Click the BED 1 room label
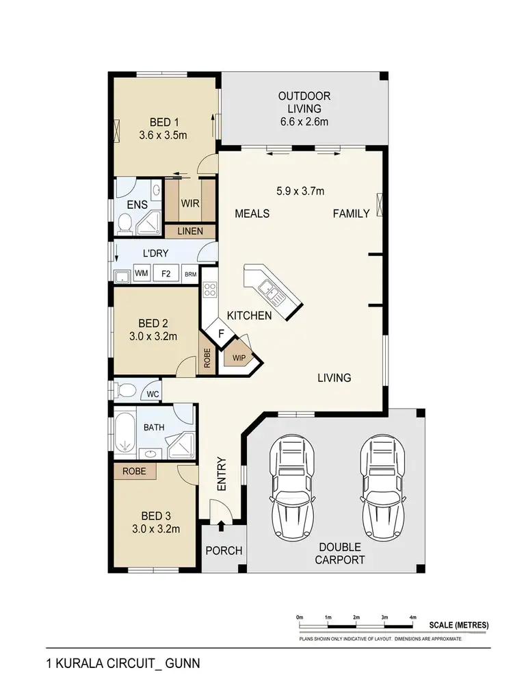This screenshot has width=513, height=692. click(162, 123)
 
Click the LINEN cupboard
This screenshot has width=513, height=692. click(189, 231)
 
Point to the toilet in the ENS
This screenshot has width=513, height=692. click(125, 222)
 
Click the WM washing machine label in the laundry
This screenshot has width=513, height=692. click(142, 274)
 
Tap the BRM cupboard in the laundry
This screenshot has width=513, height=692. click(190, 274)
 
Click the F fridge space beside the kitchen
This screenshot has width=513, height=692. click(220, 333)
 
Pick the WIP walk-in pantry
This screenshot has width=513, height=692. click(239, 357)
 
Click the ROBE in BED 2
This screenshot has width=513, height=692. click(207, 359)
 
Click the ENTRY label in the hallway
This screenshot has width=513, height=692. click(222, 474)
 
